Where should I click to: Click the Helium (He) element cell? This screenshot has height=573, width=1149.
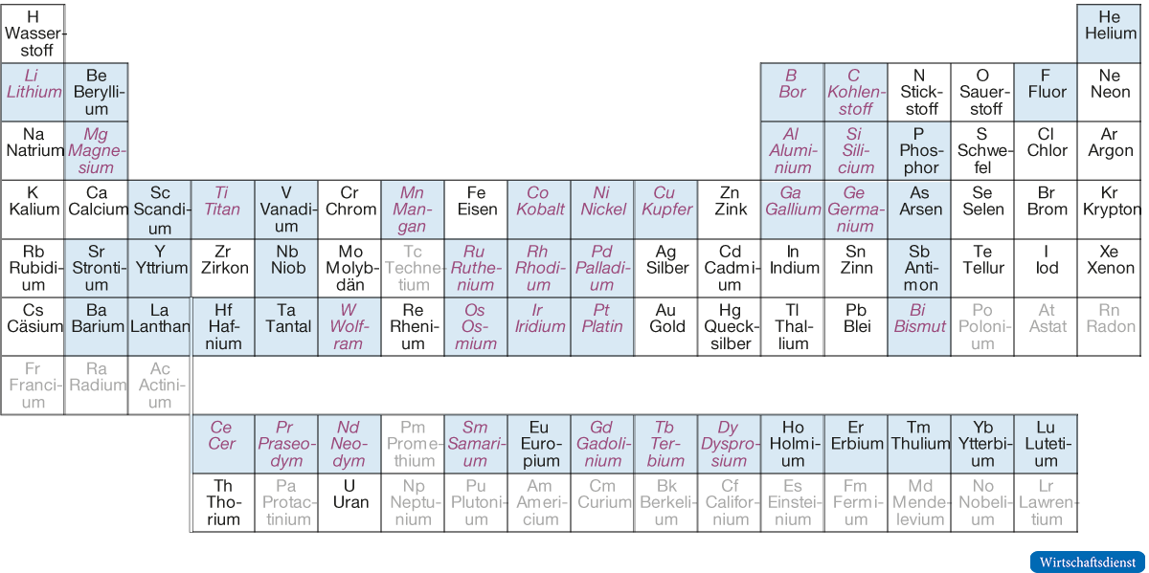click(x=1110, y=33)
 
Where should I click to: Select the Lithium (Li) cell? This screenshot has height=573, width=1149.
click(x=33, y=92)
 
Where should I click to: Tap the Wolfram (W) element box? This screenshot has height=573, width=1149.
click(x=349, y=326)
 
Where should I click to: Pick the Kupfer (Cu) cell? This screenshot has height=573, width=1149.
click(x=665, y=209)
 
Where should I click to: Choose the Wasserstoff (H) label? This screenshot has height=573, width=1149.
click(x=33, y=33)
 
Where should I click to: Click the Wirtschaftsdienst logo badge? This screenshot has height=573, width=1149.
click(x=1087, y=562)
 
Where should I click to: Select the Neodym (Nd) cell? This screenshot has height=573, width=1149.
click(x=349, y=444)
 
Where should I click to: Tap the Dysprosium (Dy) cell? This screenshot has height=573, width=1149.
click(x=729, y=444)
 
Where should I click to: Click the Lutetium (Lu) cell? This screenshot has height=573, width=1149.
click(x=1046, y=444)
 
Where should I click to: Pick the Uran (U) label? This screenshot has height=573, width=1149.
click(x=349, y=495)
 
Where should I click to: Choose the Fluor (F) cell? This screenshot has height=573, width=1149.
click(x=1046, y=92)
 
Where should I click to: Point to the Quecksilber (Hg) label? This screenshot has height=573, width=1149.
click(x=730, y=326)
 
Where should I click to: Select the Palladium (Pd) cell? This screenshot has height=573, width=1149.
click(x=601, y=268)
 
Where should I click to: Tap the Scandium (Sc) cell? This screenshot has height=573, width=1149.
click(x=159, y=209)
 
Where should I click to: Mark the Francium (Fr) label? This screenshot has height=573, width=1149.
click(x=33, y=385)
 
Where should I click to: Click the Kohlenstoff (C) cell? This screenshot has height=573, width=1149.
click(x=855, y=92)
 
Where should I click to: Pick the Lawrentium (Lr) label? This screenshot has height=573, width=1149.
click(x=1047, y=502)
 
